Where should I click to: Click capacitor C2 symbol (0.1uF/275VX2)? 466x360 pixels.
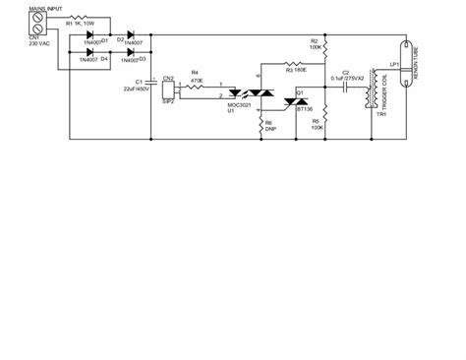[x=346, y=85]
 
